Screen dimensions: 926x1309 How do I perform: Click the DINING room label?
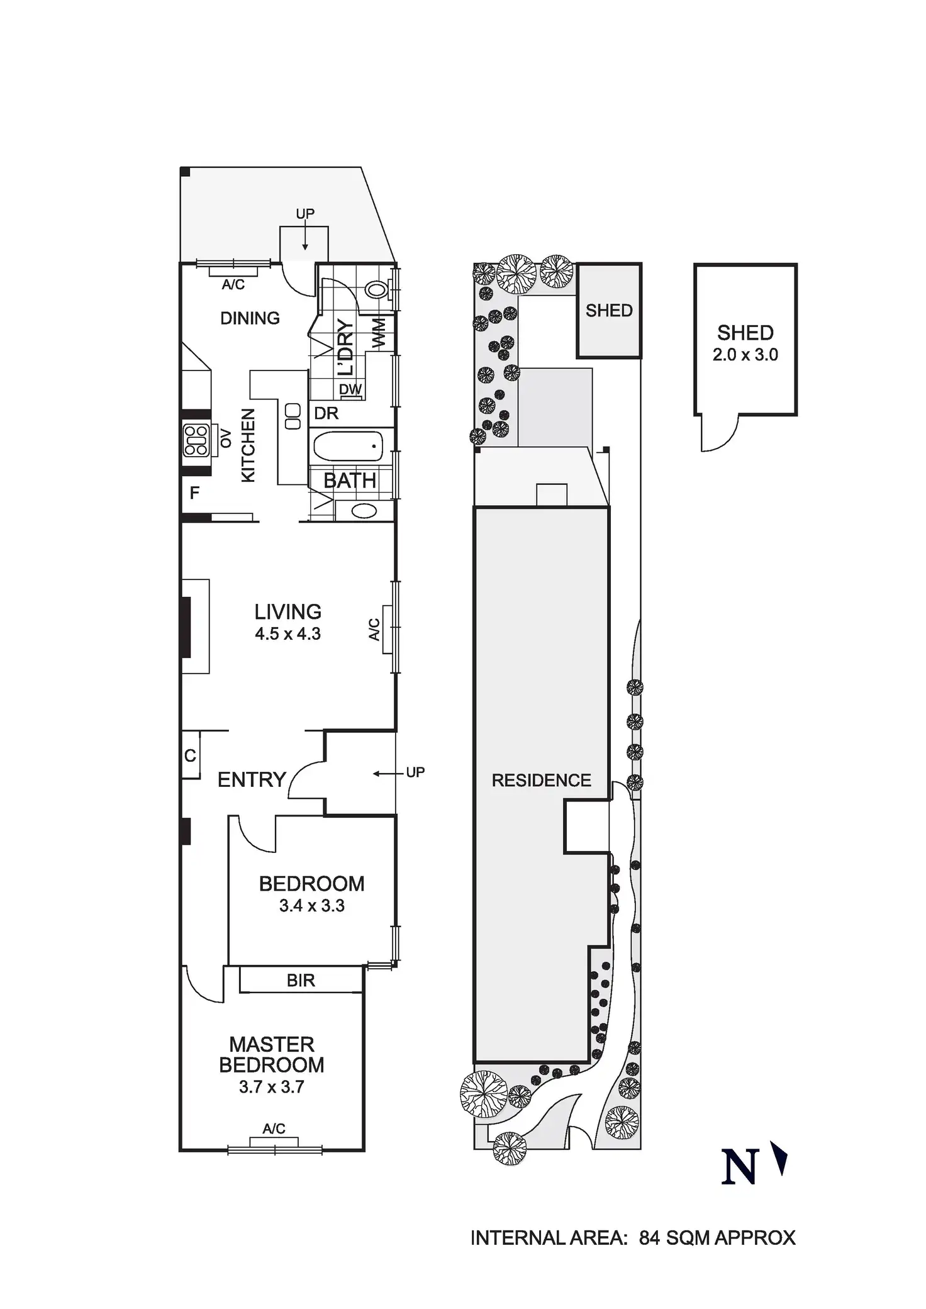click(x=250, y=318)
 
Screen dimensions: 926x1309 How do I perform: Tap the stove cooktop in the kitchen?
click(x=196, y=440)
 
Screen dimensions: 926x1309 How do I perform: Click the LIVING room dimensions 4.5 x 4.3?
click(x=288, y=633)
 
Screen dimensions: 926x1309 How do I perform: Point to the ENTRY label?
click(x=252, y=780)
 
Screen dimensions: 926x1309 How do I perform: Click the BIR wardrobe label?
click(x=301, y=981)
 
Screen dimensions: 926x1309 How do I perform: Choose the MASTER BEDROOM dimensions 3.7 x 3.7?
click(x=272, y=1087)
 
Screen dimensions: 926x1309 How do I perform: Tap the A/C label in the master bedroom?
click(x=274, y=1129)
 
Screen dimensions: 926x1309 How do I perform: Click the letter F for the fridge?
click(x=194, y=493)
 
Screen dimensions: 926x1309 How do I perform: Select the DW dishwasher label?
click(x=350, y=389)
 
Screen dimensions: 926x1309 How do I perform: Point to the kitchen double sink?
click(x=293, y=416)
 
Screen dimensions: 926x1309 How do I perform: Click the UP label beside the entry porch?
click(x=415, y=772)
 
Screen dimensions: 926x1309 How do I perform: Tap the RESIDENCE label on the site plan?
click(x=541, y=781)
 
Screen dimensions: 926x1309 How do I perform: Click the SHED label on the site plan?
click(x=609, y=310)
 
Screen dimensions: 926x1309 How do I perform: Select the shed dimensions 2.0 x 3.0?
click(x=745, y=355)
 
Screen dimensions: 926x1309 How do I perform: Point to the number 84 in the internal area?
click(x=650, y=1238)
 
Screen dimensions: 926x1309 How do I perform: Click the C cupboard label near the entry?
click(x=190, y=755)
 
